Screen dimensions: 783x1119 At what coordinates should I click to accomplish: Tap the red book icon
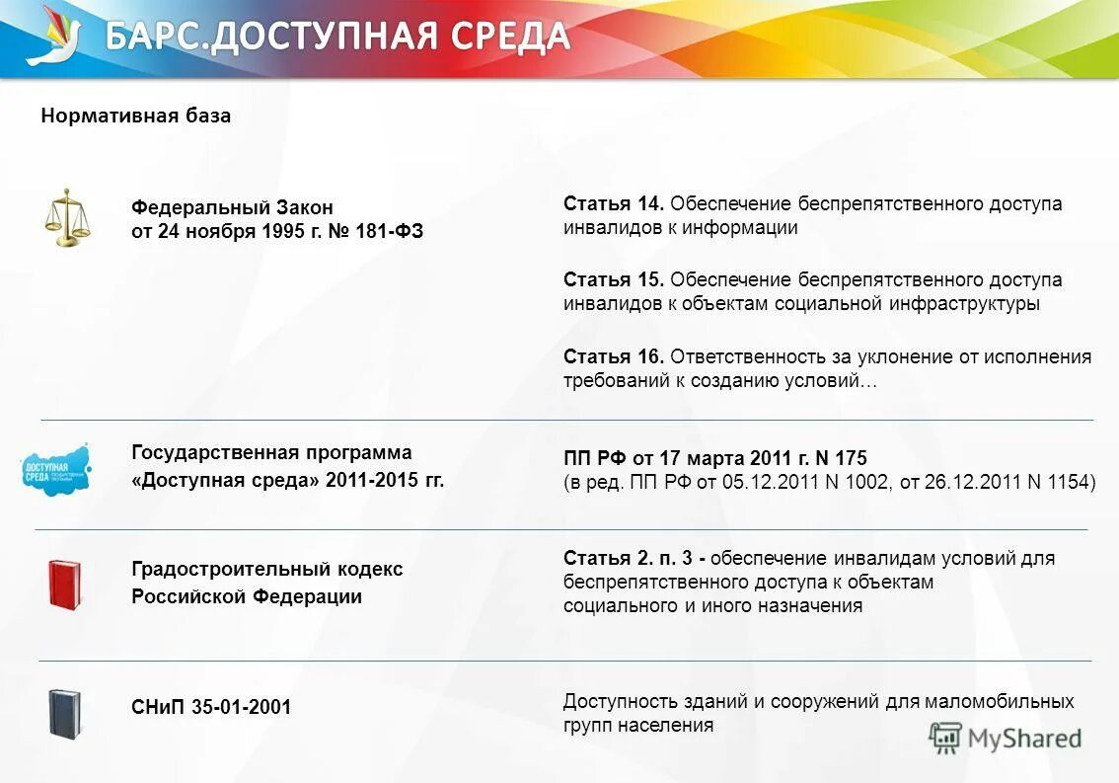click(64, 584)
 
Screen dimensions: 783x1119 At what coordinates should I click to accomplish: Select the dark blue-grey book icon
click(64, 713)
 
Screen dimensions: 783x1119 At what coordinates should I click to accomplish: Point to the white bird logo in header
click(53, 37)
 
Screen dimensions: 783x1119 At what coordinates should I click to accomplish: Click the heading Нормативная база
click(136, 116)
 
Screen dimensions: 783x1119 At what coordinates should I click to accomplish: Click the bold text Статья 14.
click(614, 203)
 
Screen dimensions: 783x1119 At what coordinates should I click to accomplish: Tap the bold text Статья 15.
click(614, 279)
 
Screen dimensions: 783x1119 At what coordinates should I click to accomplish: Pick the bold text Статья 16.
click(614, 356)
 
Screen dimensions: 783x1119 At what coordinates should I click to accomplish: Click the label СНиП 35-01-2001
click(211, 707)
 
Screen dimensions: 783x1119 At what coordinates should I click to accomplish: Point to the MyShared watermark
click(1007, 738)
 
